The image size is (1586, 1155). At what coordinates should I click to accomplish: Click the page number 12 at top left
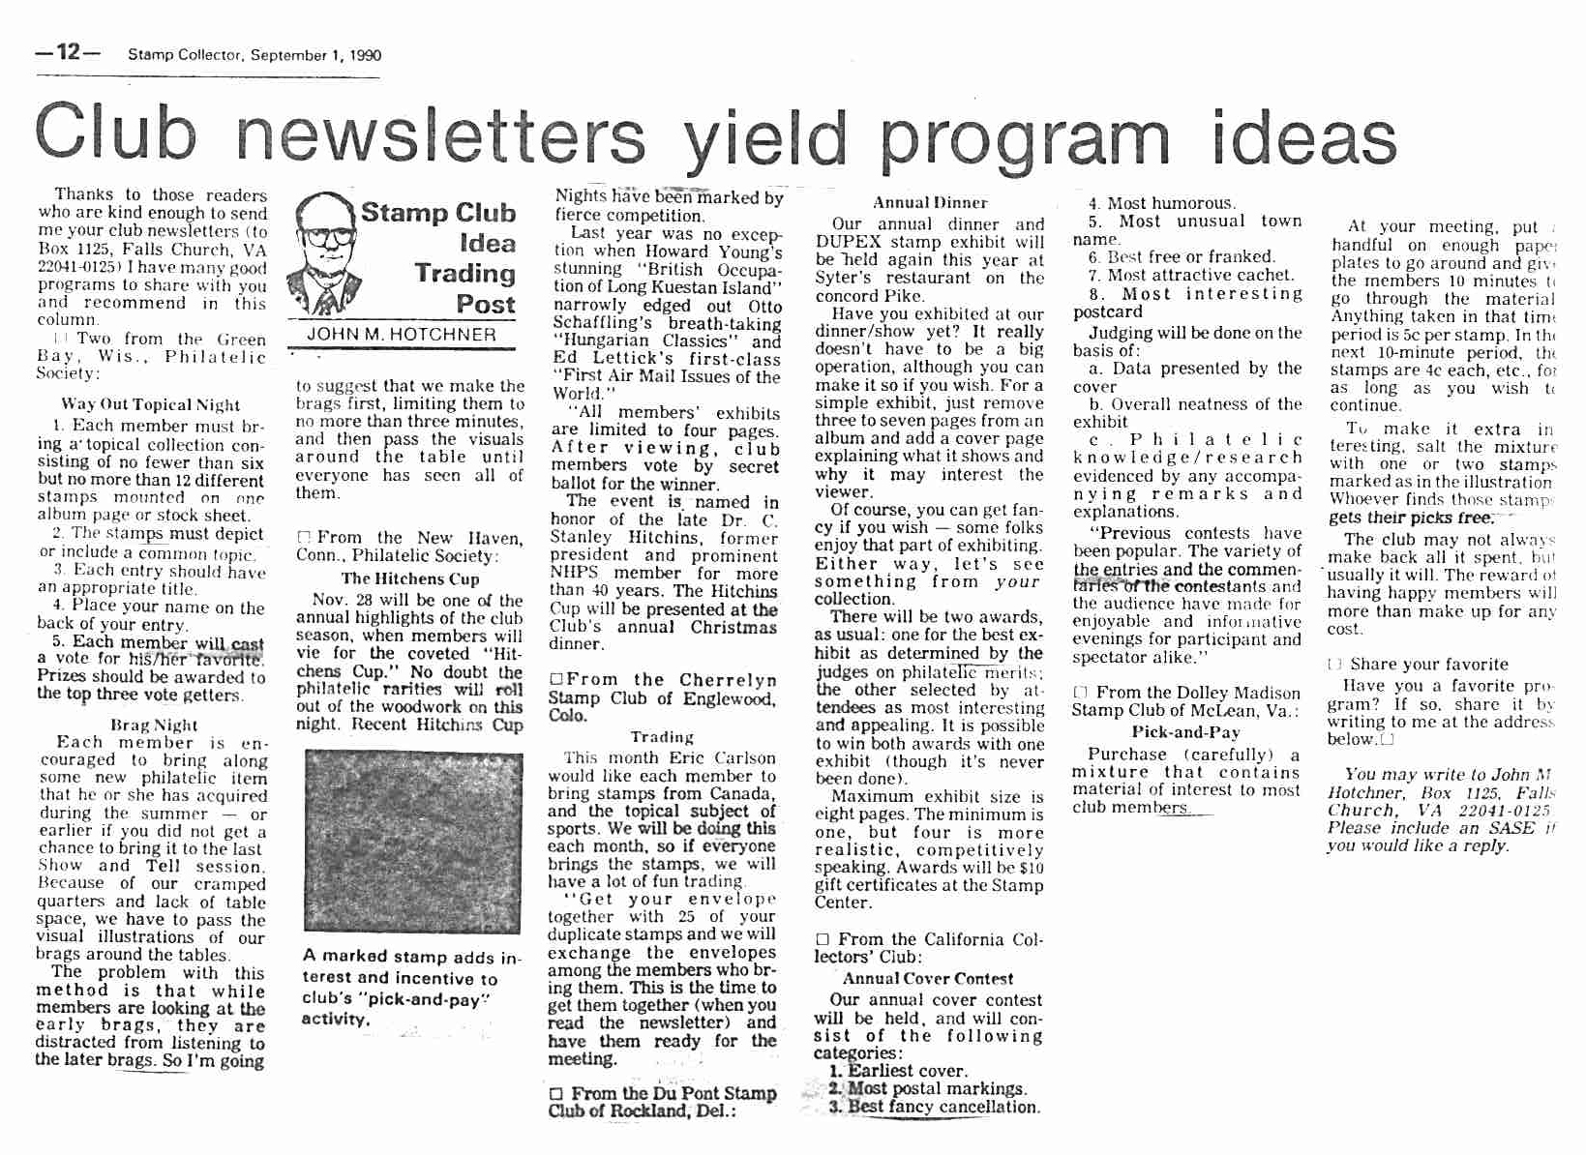(68, 52)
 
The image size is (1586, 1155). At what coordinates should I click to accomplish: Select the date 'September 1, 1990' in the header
(315, 55)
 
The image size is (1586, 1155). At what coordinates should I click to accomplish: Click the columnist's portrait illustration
(323, 252)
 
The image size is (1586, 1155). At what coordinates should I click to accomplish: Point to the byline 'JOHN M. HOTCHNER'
(402, 335)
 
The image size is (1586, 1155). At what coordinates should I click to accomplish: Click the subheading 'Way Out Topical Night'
(150, 404)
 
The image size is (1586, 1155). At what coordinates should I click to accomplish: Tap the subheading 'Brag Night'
(154, 725)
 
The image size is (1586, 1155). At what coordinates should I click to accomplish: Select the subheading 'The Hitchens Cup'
(409, 578)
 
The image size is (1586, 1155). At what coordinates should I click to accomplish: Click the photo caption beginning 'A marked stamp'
(410, 987)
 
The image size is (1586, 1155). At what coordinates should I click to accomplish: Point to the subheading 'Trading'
(662, 737)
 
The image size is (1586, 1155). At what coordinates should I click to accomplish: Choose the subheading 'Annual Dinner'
(929, 203)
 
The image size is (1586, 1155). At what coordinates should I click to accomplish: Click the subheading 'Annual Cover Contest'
(927, 979)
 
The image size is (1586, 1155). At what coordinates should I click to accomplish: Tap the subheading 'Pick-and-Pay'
(1185, 732)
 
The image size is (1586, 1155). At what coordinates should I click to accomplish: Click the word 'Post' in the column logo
(485, 304)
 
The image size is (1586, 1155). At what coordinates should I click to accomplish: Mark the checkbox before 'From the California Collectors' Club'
(823, 939)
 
